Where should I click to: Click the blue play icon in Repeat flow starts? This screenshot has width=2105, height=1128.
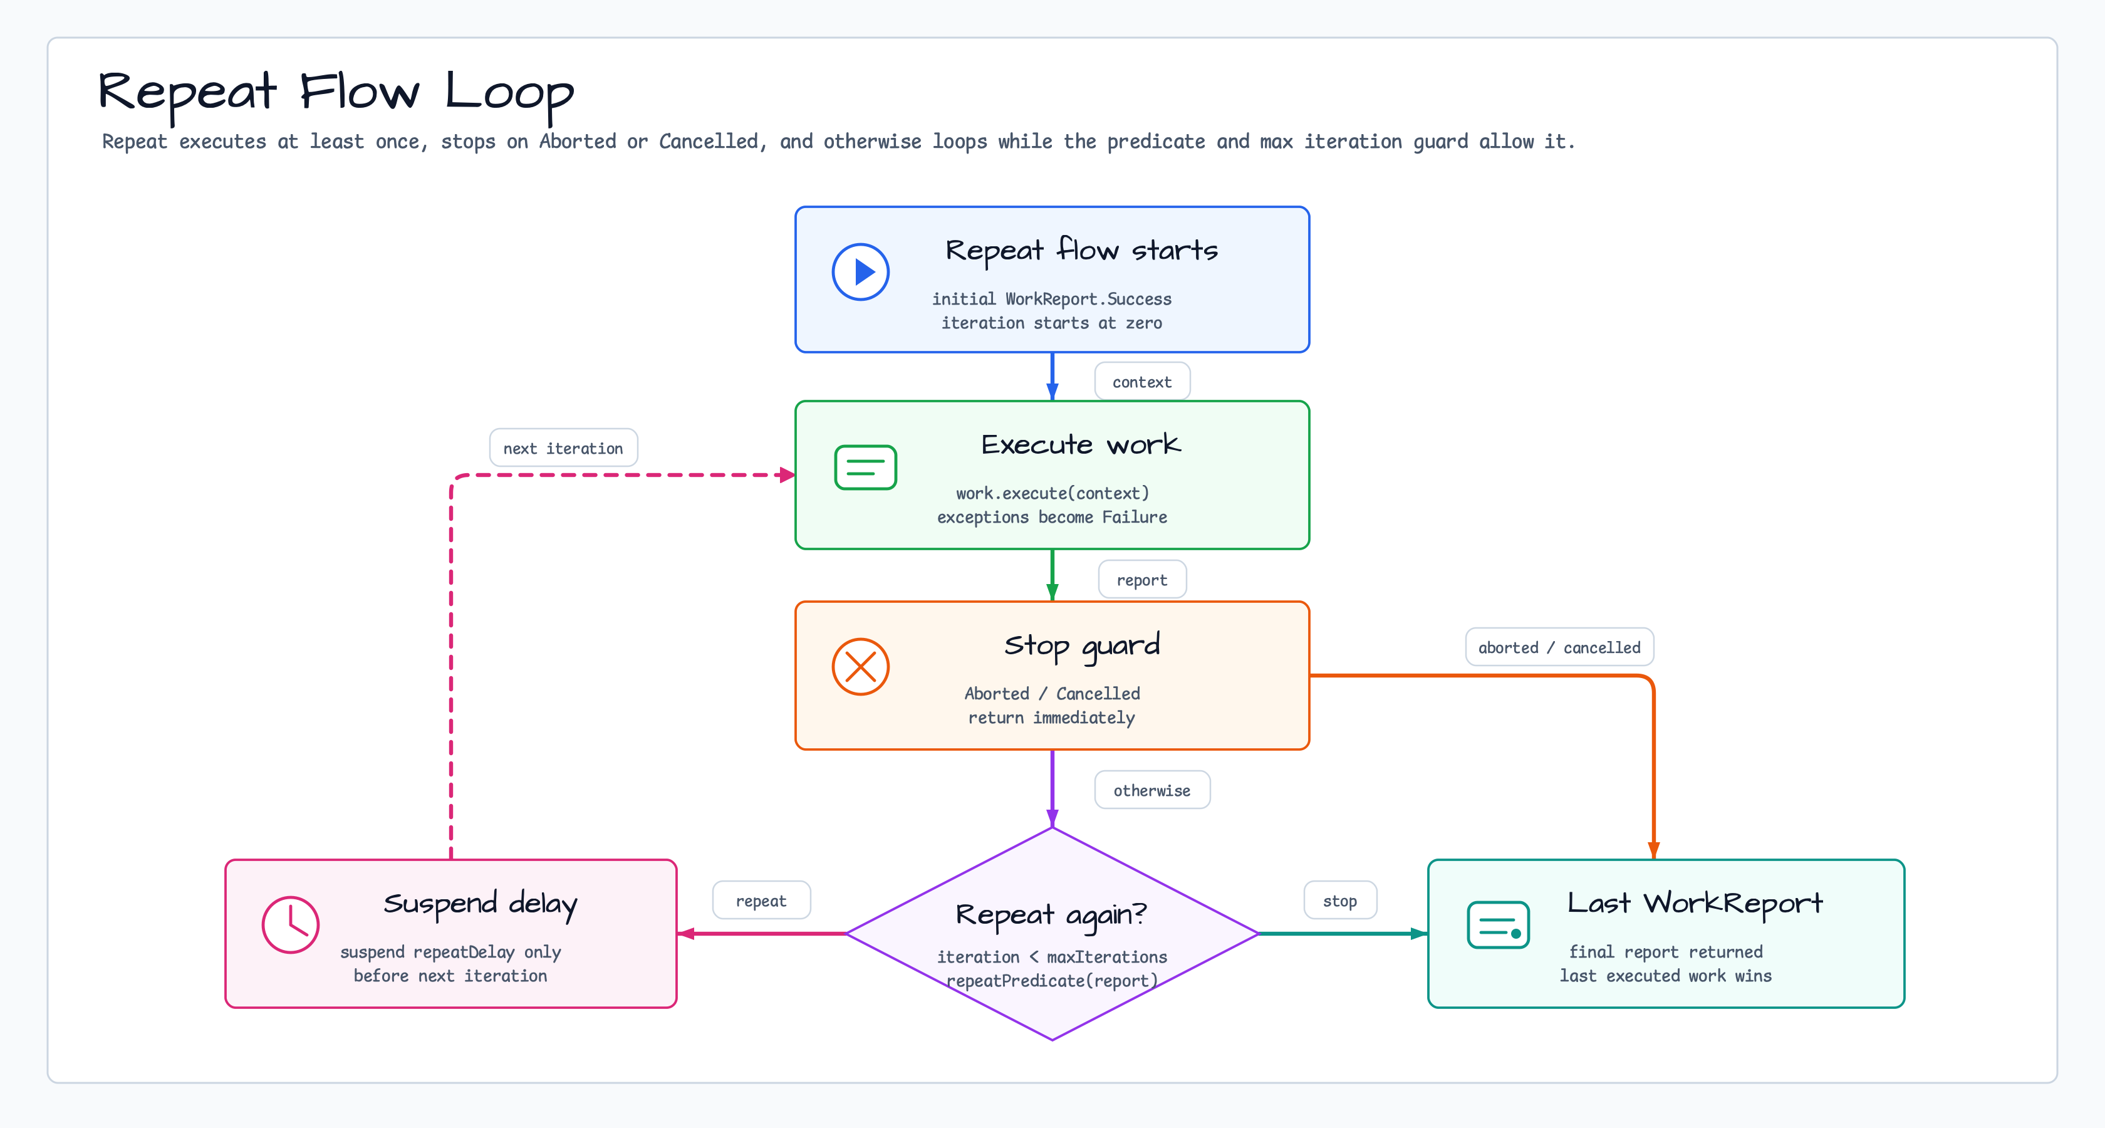click(x=860, y=272)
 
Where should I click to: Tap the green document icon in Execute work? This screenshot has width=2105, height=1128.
click(x=865, y=467)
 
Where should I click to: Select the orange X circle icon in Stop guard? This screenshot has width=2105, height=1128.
click(x=860, y=667)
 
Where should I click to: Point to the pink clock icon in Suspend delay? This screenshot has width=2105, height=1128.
click(x=290, y=924)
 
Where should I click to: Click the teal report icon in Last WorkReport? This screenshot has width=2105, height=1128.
click(x=1498, y=924)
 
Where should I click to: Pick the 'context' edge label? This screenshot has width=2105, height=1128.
click(x=1141, y=382)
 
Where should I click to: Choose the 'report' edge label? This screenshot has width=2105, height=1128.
click(x=1141, y=580)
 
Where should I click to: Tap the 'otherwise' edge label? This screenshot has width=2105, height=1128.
click(x=1151, y=790)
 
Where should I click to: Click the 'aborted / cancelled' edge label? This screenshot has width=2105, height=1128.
click(x=1559, y=647)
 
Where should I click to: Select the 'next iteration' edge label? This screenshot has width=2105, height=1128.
click(x=563, y=448)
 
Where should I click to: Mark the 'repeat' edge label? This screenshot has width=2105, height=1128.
click(x=761, y=901)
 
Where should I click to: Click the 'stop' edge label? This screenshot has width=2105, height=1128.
click(x=1339, y=901)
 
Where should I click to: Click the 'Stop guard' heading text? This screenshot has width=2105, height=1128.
click(x=1082, y=645)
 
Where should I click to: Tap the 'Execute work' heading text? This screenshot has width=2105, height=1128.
click(x=1080, y=445)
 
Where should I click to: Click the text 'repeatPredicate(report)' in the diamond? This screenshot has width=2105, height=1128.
click(x=1052, y=981)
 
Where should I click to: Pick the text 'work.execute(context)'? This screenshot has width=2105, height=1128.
click(x=1052, y=493)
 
